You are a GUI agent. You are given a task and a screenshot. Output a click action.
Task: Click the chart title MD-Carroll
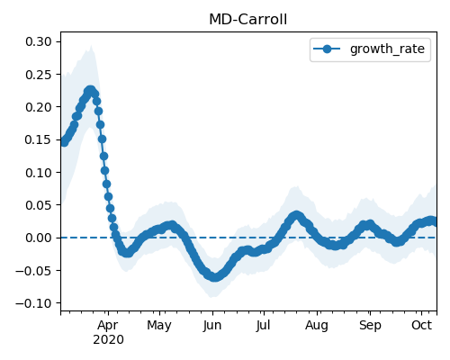[248, 20]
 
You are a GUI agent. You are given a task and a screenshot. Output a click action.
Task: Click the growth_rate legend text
[387, 49]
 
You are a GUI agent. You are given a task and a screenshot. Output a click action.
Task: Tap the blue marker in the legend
[327, 49]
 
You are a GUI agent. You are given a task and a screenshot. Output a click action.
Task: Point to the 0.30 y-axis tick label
[39, 41]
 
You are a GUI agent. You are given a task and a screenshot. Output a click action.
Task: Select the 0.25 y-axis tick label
[39, 75]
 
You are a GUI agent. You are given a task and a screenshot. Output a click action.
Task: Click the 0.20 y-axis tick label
[39, 107]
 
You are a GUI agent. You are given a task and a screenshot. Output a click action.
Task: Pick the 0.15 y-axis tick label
[39, 139]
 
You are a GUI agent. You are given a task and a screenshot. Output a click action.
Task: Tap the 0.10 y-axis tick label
[39, 173]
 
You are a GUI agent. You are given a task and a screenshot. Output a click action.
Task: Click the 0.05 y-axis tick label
[39, 205]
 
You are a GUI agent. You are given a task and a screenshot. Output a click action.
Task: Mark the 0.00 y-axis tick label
[39, 238]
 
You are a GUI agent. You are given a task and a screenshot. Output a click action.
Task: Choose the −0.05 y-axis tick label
[34, 271]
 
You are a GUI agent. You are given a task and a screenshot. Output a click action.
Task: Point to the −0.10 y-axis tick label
[34, 303]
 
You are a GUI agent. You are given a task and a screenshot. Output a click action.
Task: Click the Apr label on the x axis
[108, 326]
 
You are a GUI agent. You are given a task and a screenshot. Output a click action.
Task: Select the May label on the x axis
[159, 326]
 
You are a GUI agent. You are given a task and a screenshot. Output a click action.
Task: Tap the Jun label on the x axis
[212, 326]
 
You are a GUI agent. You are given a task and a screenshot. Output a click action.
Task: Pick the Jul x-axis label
[263, 326]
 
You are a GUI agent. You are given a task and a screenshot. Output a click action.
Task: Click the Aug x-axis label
[317, 326]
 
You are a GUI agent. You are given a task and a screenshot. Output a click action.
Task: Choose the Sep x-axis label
[370, 326]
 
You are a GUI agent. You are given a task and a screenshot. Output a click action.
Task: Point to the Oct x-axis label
[422, 326]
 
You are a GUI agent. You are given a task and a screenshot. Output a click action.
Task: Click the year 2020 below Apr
[108, 340]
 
